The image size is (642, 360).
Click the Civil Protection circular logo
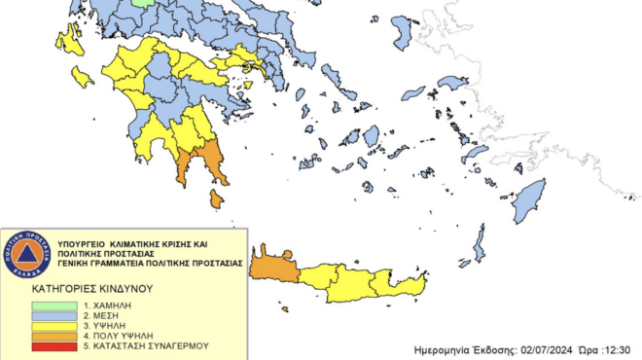tap(30, 255)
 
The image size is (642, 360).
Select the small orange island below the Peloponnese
tap(216, 198)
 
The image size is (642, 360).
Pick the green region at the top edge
tap(144, 3)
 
